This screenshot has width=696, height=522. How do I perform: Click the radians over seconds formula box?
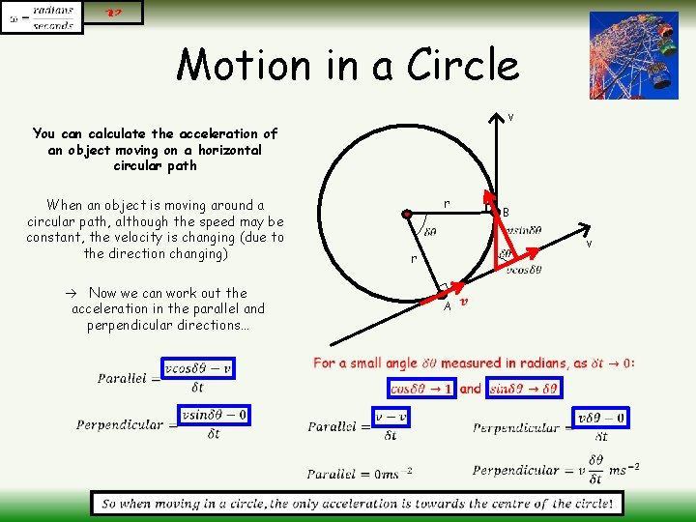42,17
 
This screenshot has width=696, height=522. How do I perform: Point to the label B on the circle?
506,212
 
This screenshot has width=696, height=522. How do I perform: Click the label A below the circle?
448,306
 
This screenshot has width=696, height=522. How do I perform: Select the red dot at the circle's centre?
409,213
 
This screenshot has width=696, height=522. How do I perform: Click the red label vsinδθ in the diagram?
522,229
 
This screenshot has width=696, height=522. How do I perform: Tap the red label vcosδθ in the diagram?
524,270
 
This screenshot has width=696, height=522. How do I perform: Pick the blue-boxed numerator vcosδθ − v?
198,368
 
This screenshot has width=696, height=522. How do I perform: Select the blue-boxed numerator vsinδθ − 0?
215,415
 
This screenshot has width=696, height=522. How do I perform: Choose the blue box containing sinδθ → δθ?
523,389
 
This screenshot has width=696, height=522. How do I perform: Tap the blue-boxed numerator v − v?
391,417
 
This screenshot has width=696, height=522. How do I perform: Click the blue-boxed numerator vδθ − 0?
600,418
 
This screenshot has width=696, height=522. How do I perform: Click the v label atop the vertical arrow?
510,117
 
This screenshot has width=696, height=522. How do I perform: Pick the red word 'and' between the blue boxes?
470,389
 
